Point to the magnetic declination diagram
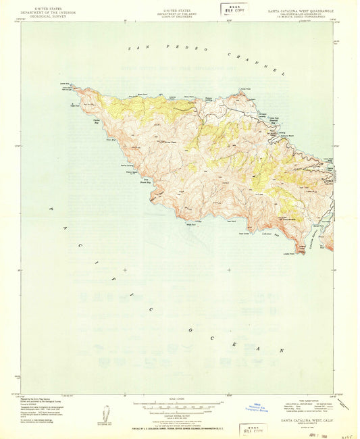tap(106, 413)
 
